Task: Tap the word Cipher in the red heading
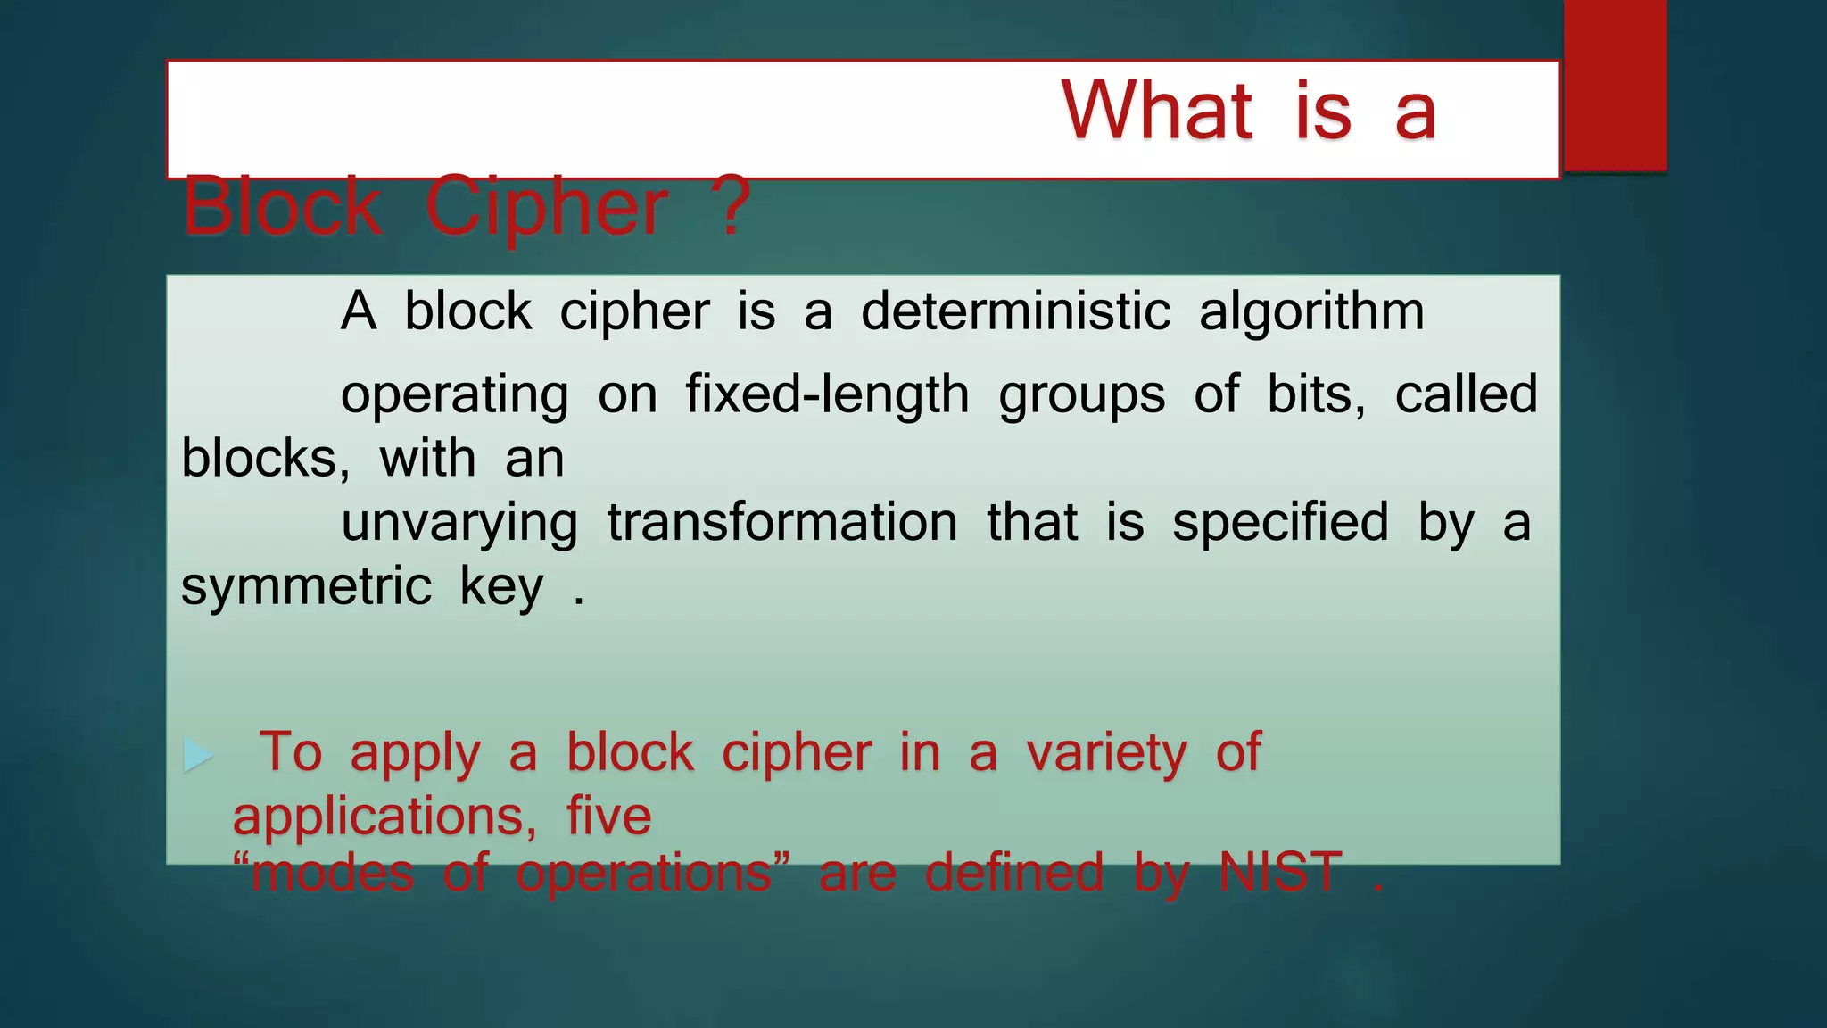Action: (546, 207)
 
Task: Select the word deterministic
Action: (1015, 311)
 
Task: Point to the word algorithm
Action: (1311, 313)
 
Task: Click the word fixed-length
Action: (827, 394)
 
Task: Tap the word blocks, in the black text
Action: (265, 459)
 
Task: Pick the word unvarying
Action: (459, 524)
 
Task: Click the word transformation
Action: (782, 522)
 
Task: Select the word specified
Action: (1280, 523)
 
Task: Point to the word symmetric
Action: (306, 587)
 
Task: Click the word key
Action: (501, 588)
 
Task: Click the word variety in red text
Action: (1106, 753)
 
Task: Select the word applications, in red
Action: (384, 817)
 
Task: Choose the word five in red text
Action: (608, 817)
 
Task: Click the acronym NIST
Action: (1280, 872)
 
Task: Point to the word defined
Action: (1014, 872)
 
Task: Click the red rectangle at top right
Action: (1615, 85)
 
